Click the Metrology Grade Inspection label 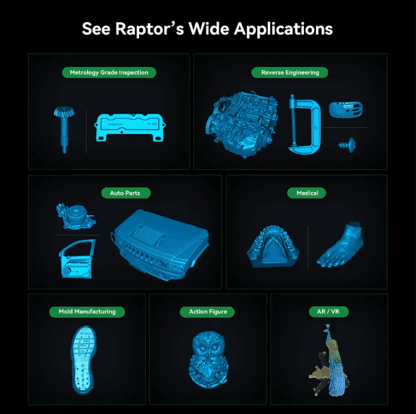pos(108,72)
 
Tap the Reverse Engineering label pos(290,72)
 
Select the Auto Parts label pos(125,193)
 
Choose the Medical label pos(307,193)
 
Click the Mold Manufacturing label pos(87,311)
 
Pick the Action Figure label pos(208,311)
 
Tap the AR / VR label pos(328,311)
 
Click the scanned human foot pos(342,245)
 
